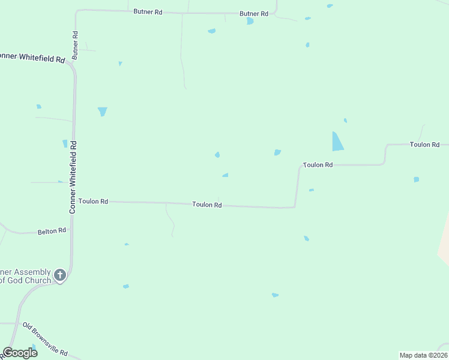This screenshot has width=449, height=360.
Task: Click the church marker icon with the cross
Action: pos(59,275)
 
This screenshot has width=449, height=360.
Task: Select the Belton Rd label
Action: pos(52,231)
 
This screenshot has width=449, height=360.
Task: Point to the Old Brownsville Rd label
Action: pos(45,340)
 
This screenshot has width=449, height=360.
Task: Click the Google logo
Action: pos(20,353)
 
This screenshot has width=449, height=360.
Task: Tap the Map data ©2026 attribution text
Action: pos(423,355)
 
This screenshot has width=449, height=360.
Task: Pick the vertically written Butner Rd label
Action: pos(76,45)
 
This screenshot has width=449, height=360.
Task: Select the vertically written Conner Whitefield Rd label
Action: pos(73,178)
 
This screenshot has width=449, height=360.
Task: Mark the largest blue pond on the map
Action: pos(337,142)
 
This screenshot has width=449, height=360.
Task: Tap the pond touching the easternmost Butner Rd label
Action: pos(250,21)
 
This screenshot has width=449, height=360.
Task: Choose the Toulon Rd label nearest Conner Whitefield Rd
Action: pos(93,202)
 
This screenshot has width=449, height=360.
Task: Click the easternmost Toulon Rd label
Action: pos(425,145)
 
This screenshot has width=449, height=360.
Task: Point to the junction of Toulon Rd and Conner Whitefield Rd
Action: pos(73,201)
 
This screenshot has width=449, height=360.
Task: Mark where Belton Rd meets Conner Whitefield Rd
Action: pos(71,229)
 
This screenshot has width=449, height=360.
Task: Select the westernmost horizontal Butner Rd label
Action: pos(148,11)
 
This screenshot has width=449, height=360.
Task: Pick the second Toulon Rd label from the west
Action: pos(207,205)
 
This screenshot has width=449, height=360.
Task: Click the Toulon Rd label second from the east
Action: pos(318,165)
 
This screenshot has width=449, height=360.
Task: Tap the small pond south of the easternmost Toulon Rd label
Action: pos(416,179)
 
